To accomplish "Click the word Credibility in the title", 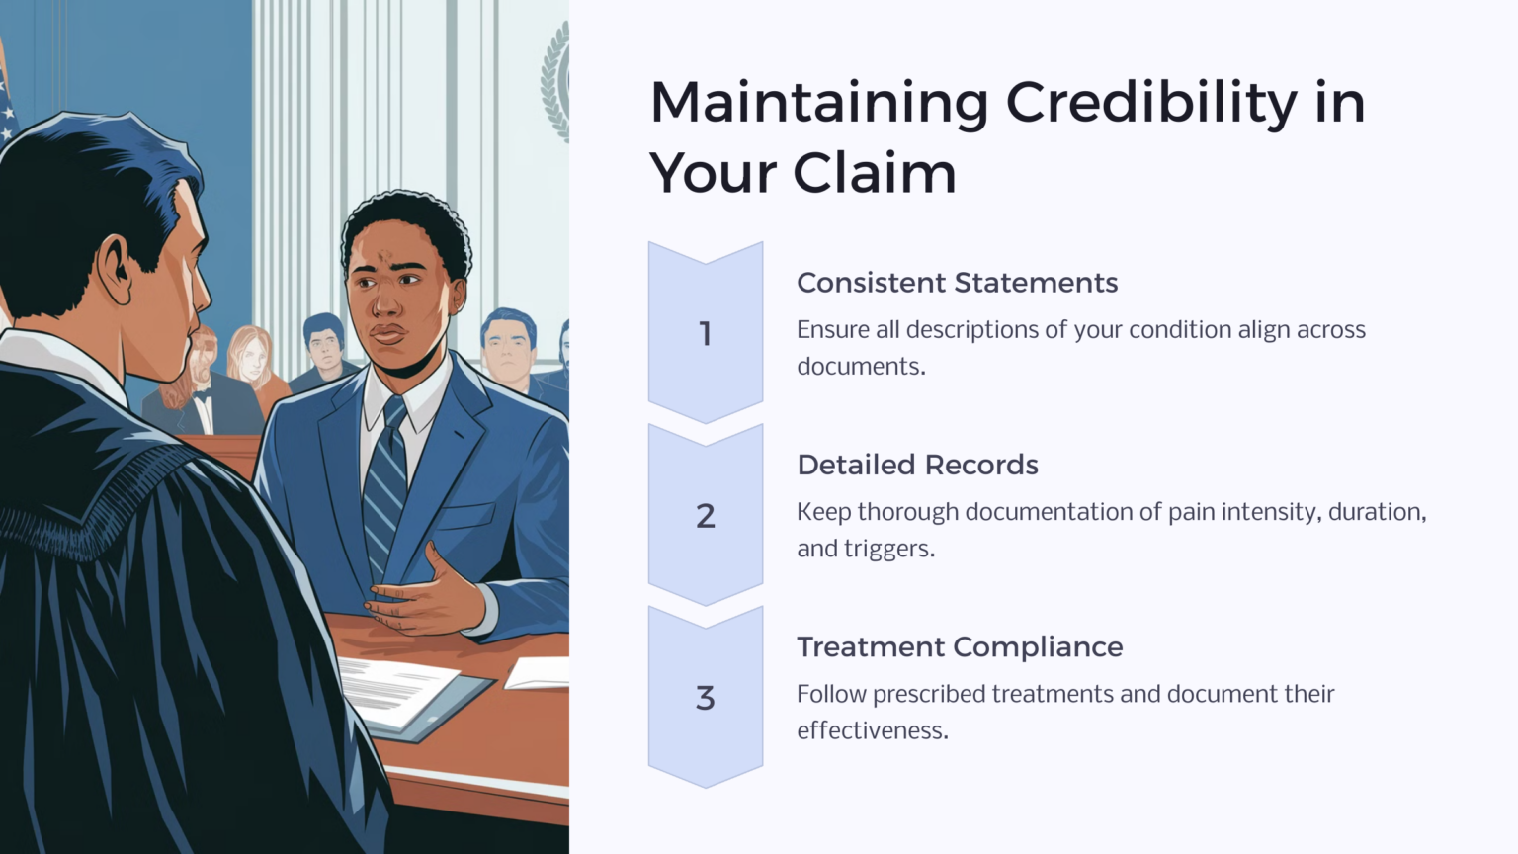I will pyautogui.click(x=1151, y=103).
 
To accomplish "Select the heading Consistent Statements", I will pyautogui.click(x=957, y=283).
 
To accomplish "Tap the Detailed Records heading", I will pyautogui.click(x=917, y=465).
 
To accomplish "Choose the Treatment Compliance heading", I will pyautogui.click(x=960, y=647).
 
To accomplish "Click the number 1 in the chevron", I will pyautogui.click(x=705, y=334).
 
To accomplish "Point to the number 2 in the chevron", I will pyautogui.click(x=705, y=516).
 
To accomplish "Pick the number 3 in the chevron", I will pyautogui.click(x=705, y=698).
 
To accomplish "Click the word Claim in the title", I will pyautogui.click(x=874, y=174).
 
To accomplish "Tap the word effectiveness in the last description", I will pyautogui.click(x=872, y=731).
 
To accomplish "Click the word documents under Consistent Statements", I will pyautogui.click(x=860, y=367).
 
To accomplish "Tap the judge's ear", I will pyautogui.click(x=115, y=271).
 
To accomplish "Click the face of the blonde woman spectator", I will pyautogui.click(x=251, y=358).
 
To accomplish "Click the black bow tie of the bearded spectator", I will pyautogui.click(x=204, y=397).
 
